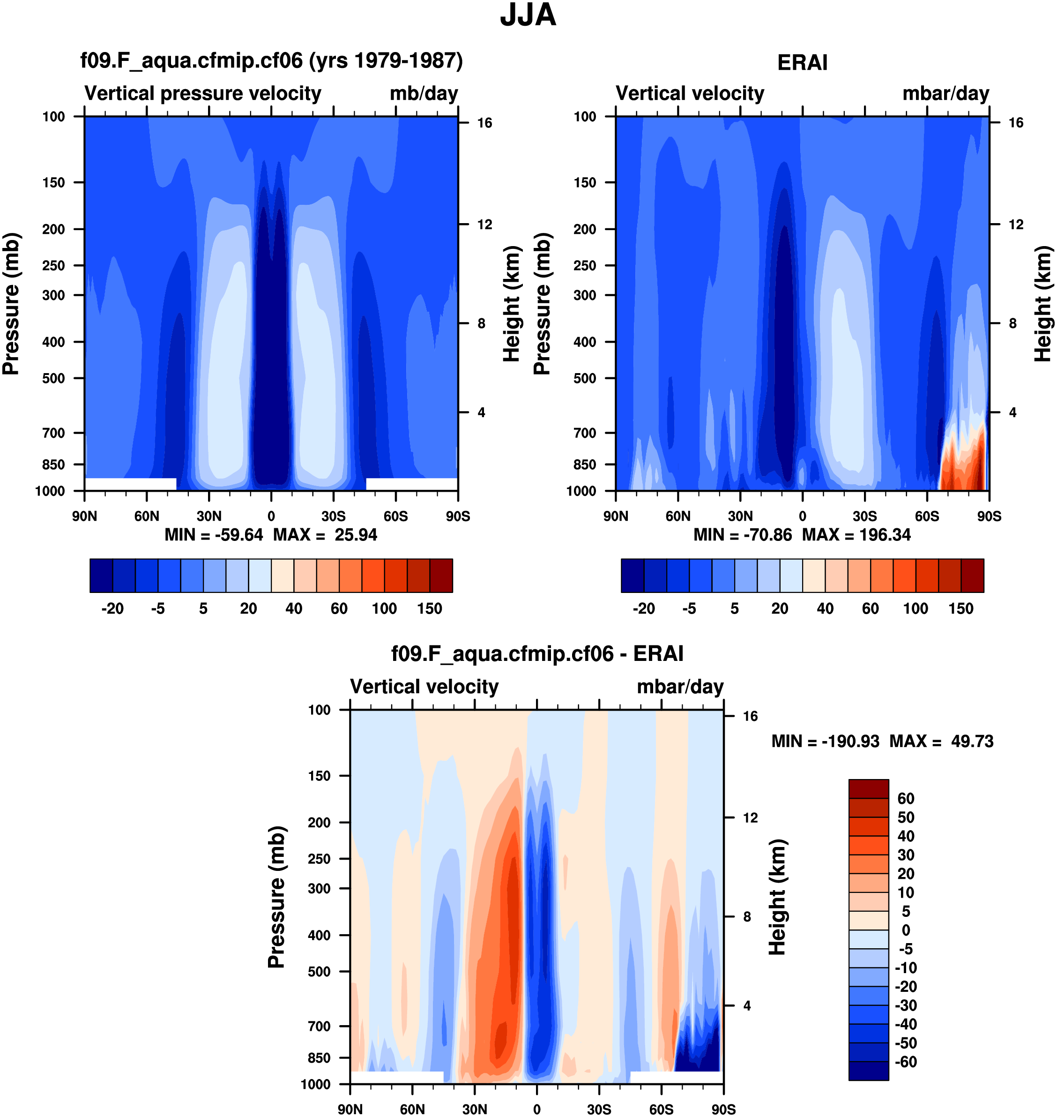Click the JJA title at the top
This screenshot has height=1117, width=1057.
point(528,15)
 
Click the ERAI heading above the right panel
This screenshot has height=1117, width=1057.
point(802,62)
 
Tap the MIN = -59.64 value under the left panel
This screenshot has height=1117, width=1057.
point(214,535)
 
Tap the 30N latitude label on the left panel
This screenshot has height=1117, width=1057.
point(209,516)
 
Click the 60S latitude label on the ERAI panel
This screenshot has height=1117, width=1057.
point(927,516)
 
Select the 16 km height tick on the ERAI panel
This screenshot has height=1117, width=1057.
point(1015,123)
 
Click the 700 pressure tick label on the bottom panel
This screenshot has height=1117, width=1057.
point(319,1026)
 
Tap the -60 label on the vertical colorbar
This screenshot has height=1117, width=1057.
point(906,1062)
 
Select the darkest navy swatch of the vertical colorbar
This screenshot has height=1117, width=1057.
point(868,1071)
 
